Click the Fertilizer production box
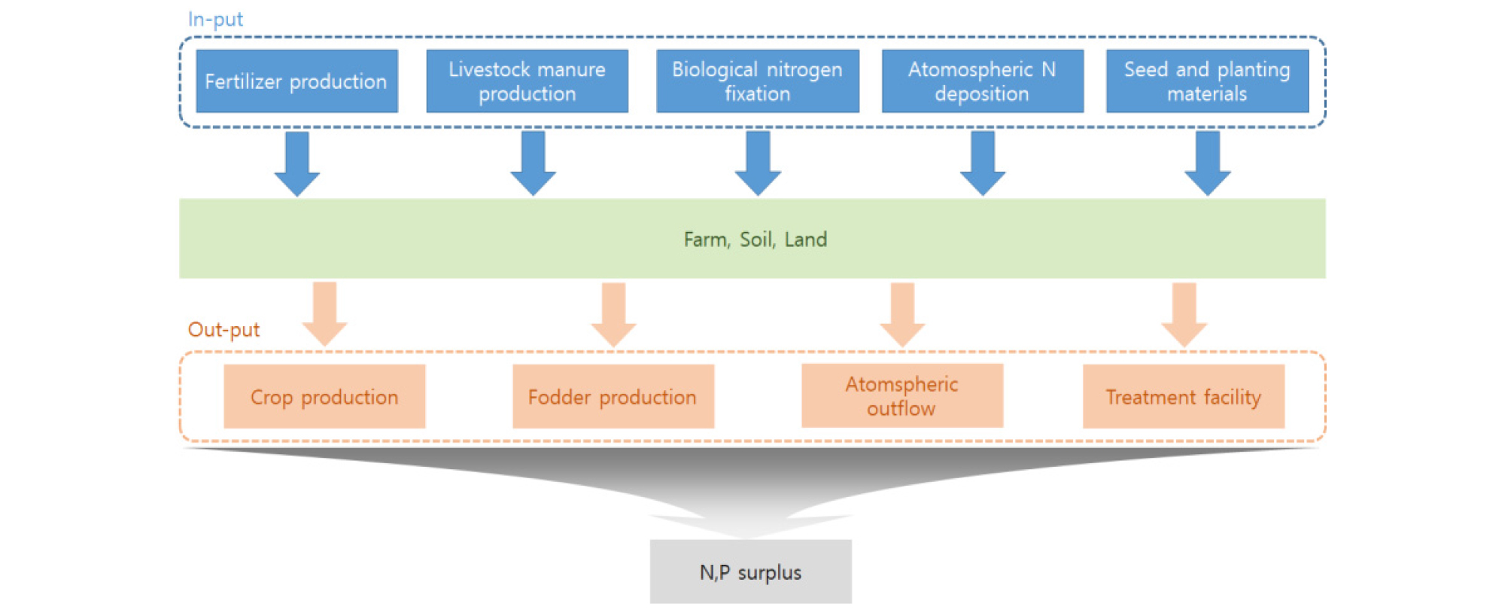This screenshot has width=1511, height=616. pyautogui.click(x=296, y=81)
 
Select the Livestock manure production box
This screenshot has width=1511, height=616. pyautogui.click(x=527, y=81)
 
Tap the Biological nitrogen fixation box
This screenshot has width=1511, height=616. pyautogui.click(x=757, y=81)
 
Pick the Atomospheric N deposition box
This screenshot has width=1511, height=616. pyautogui.click(x=982, y=81)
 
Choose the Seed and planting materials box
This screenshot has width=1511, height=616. pyautogui.click(x=1207, y=81)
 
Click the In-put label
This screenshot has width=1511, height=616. pyautogui.click(x=215, y=20)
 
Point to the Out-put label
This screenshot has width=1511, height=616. pyautogui.click(x=223, y=330)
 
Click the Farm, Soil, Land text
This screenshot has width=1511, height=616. pyautogui.click(x=755, y=239)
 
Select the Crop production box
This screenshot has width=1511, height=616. pyautogui.click(x=324, y=397)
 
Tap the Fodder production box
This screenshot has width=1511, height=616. pyautogui.click(x=613, y=397)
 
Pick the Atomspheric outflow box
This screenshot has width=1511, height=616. pyautogui.click(x=901, y=396)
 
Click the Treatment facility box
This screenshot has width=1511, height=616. pyautogui.click(x=1183, y=397)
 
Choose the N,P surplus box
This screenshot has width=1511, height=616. pyautogui.click(x=750, y=572)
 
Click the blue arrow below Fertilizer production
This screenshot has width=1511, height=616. pyautogui.click(x=297, y=163)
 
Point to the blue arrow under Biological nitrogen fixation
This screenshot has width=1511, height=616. pyautogui.click(x=758, y=163)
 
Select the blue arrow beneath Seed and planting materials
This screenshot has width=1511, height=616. pyautogui.click(x=1208, y=163)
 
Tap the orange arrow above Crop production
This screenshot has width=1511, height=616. pyautogui.click(x=324, y=313)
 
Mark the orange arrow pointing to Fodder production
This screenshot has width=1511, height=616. pyautogui.click(x=613, y=313)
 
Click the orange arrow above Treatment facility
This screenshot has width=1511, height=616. pyautogui.click(x=1184, y=313)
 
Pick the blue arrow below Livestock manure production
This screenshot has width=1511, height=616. pyautogui.click(x=533, y=163)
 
